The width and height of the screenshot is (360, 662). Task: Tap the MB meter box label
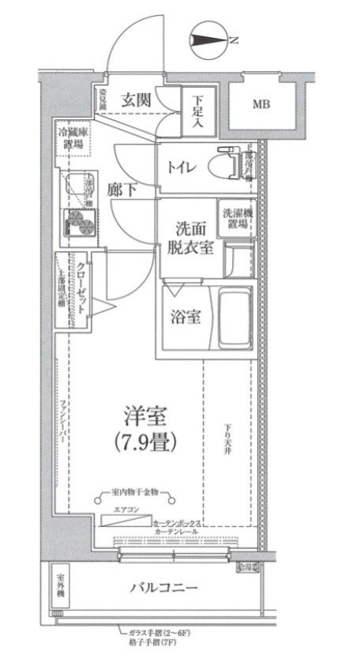click(260, 104)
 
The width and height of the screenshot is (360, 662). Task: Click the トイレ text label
click(182, 167)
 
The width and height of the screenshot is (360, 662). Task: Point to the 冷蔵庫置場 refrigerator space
click(73, 139)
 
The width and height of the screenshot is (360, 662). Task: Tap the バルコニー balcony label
click(164, 588)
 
